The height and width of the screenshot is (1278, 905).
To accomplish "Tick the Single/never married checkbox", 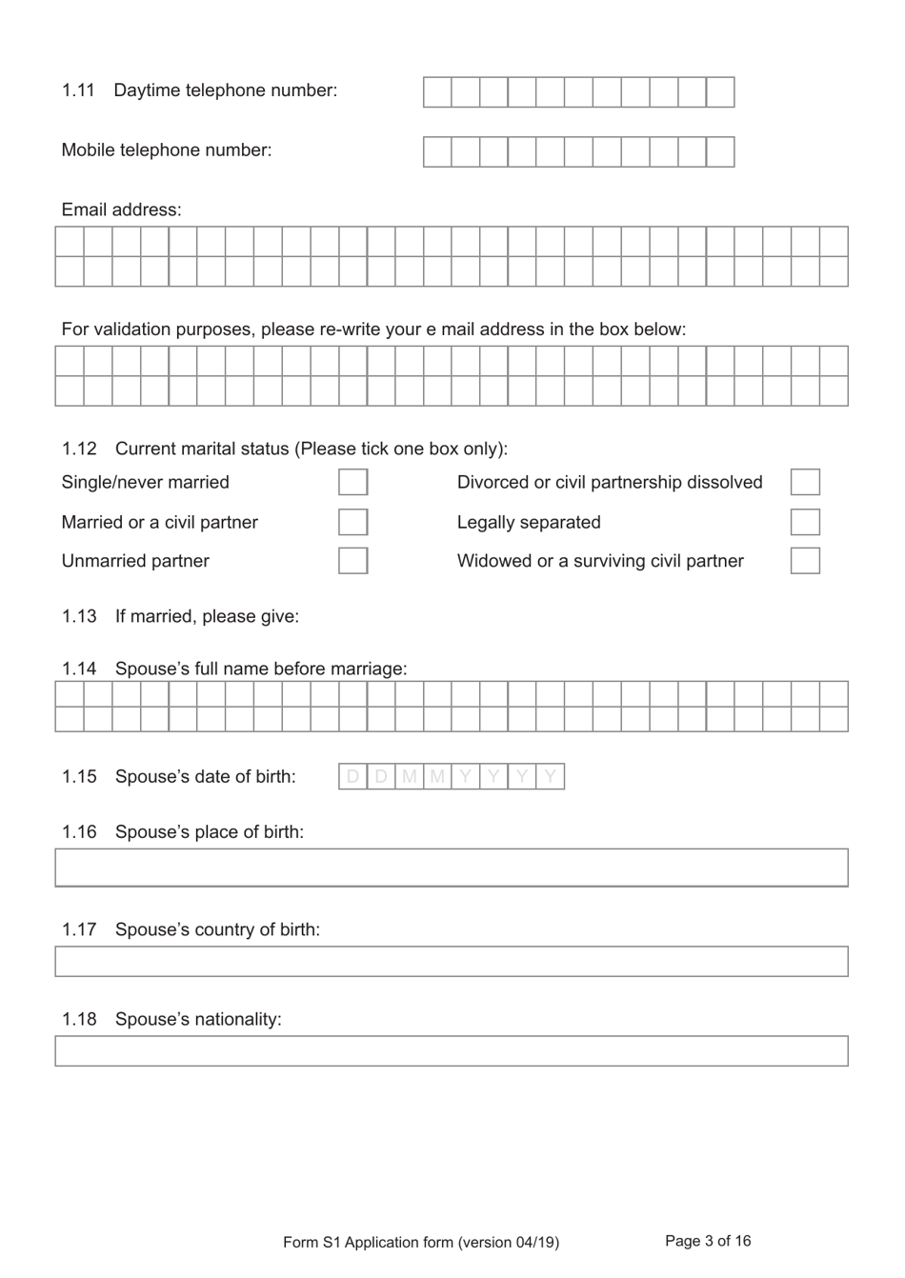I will pos(352,482).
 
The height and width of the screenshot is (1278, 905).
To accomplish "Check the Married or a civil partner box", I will pos(352,522).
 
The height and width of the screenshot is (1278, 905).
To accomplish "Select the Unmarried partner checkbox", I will pos(352,561).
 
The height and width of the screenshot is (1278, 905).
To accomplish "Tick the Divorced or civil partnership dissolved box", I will pos(805,482).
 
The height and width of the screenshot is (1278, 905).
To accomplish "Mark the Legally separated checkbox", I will pos(805,522).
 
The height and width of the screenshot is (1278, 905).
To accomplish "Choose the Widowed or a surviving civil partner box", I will pos(805,561).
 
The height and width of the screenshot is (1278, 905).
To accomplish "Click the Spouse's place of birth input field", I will pos(452,868).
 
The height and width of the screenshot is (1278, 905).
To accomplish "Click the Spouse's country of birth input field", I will pos(452,961).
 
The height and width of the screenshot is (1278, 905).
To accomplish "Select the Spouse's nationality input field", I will pos(452,1050).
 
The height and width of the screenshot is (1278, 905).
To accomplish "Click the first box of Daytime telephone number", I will pos(437,92).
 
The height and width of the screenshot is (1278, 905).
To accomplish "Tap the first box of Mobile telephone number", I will pos(437,152).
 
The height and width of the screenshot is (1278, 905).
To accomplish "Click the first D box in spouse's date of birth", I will pos(352,777).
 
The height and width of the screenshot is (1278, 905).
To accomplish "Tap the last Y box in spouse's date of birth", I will pos(551,777).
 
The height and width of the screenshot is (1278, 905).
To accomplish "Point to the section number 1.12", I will pos(79,449).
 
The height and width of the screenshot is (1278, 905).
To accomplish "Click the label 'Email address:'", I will pos(121,210).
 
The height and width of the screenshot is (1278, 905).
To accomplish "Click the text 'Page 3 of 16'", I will pos(708,1241).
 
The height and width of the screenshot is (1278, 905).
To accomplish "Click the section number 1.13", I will pos(79,616).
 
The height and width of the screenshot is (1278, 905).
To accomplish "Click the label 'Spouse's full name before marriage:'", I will pos(261,669).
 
